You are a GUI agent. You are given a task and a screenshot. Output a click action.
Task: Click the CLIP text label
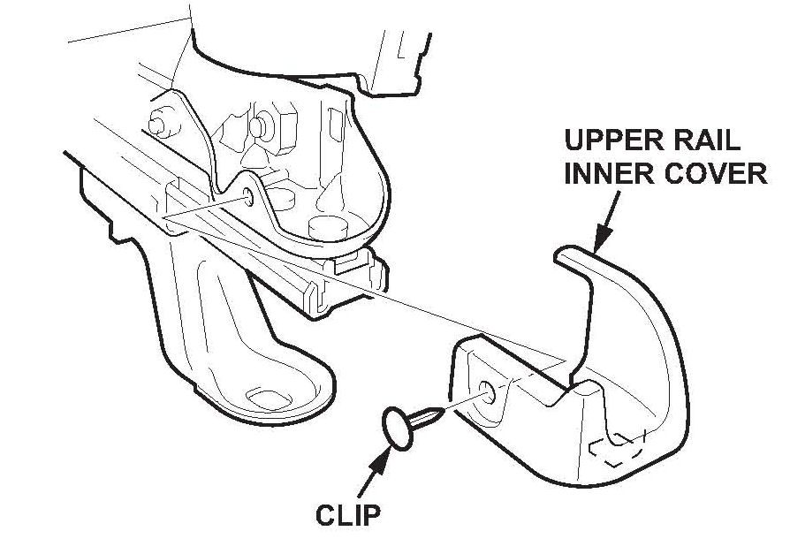[x=344, y=514]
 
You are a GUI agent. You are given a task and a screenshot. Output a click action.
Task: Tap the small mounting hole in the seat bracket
[x=250, y=196]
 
